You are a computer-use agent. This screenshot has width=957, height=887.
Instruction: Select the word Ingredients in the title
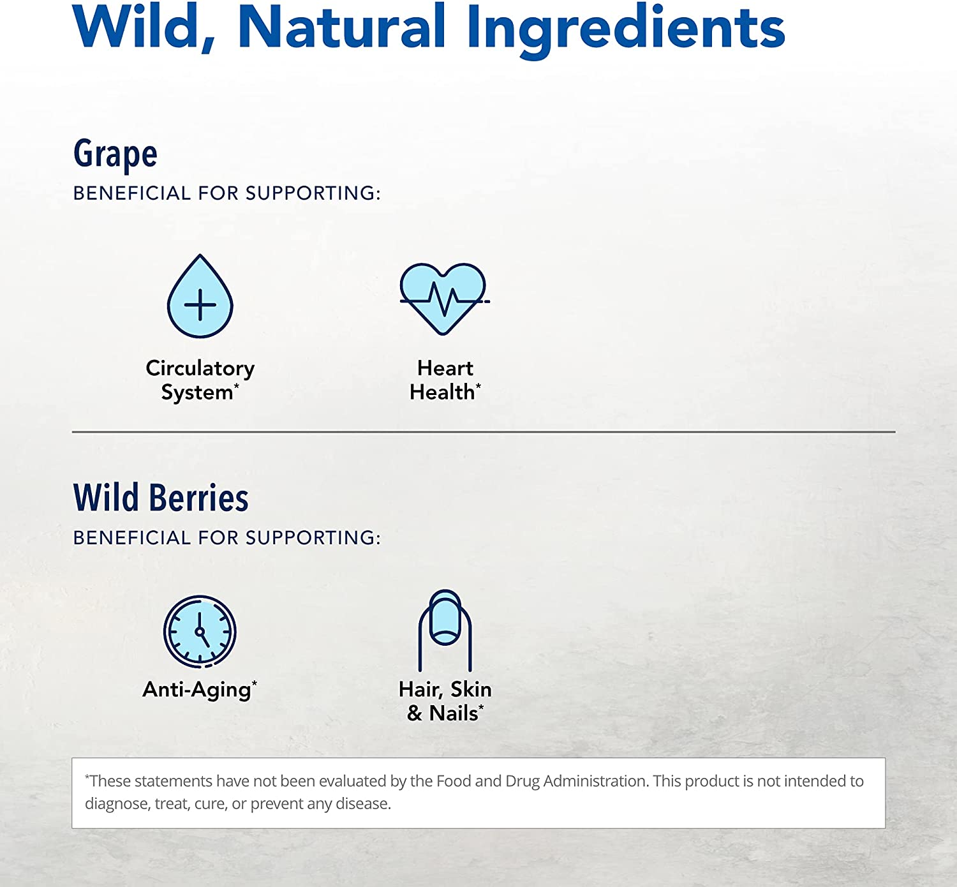tap(626, 30)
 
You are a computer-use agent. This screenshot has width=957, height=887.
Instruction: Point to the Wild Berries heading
tap(161, 497)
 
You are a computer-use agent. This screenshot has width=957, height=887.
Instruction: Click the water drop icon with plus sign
tap(200, 296)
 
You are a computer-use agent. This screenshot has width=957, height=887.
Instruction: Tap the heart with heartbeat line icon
tap(444, 299)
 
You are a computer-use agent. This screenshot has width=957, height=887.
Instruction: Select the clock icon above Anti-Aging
tap(200, 632)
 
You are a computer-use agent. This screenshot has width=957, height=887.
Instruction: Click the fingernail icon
tap(445, 630)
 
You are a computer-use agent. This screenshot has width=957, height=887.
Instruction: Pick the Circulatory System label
tap(200, 380)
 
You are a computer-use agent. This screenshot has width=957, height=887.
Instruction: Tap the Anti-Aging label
tap(200, 690)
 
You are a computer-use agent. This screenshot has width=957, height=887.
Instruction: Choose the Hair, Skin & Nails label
tap(445, 701)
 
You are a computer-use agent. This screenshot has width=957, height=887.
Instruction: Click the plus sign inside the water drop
tap(200, 304)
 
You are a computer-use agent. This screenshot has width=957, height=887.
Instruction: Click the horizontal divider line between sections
tap(484, 432)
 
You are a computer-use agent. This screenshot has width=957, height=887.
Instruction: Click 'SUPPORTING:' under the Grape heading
tap(313, 193)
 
